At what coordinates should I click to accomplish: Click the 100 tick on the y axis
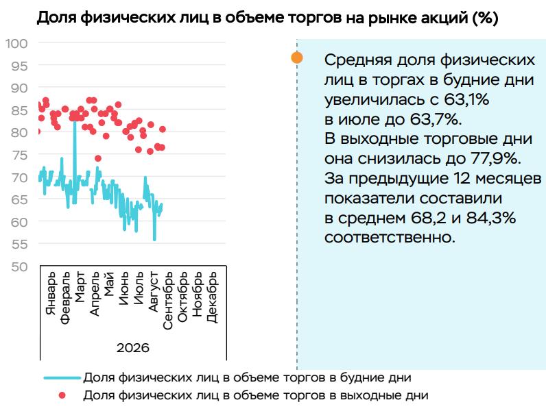(16, 43)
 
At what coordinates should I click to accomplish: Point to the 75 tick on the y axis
(19, 155)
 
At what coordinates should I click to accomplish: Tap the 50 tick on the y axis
(19, 266)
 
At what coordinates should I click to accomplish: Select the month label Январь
(51, 293)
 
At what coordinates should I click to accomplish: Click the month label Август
(154, 291)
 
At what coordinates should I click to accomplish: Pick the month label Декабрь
(212, 297)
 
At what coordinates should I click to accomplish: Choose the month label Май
(110, 284)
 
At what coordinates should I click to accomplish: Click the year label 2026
(133, 348)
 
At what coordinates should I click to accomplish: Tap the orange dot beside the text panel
(297, 58)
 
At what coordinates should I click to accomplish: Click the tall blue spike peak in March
(75, 120)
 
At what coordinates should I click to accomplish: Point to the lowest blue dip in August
(154, 239)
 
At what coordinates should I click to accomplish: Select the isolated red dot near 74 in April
(98, 158)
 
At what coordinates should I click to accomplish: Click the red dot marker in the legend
(62, 395)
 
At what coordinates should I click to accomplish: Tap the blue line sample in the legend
(62, 377)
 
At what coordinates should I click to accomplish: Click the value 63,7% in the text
(436, 119)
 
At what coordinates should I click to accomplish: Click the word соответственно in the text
(390, 238)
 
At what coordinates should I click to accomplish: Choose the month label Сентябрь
(168, 301)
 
